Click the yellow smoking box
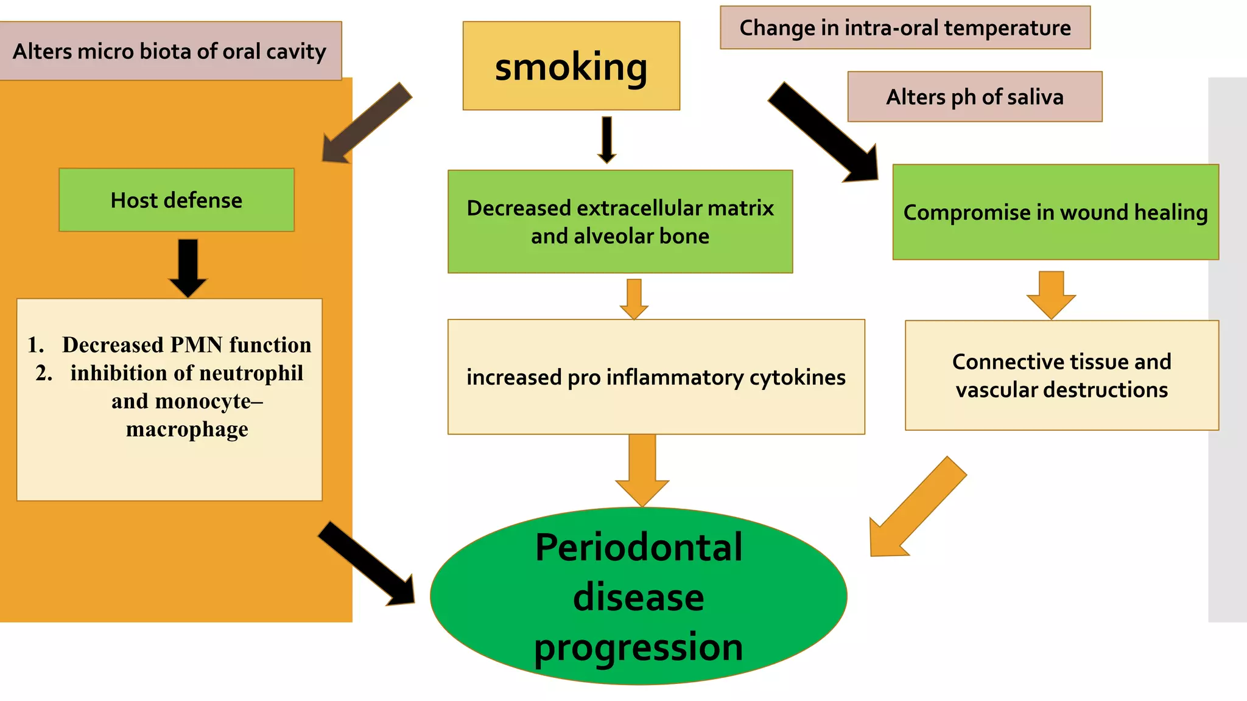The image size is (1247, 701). pos(571,66)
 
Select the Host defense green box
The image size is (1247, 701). pos(177,200)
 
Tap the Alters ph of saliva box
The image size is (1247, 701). pos(974,97)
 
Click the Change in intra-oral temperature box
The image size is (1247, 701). pos(905,28)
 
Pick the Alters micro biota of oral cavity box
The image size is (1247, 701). pos(170,51)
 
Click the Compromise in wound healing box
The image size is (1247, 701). pos(1055,212)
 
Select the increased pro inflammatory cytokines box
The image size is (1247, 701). pos(656,377)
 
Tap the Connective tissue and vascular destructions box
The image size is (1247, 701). pos(1061,375)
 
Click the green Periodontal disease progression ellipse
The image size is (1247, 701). pos(638,596)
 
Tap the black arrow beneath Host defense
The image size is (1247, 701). pos(188,267)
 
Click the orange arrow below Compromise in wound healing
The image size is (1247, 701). pos(1051,294)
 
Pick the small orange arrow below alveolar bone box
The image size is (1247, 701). pos(634,298)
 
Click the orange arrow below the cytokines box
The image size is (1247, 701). pos(642,469)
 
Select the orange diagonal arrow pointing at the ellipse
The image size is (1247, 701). pos(916,508)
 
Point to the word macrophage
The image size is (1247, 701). pos(187,430)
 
